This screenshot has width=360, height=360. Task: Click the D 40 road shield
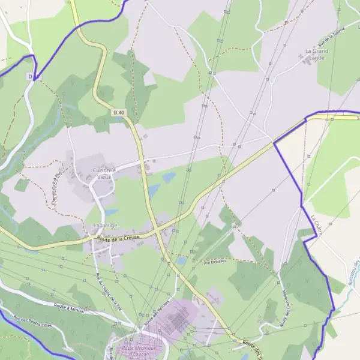(x=118, y=112)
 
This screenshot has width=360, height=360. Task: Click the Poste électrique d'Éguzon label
(x=139, y=350)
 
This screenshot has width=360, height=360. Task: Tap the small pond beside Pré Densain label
(x=181, y=261)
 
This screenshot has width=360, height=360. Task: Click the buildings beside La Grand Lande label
(x=306, y=61)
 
